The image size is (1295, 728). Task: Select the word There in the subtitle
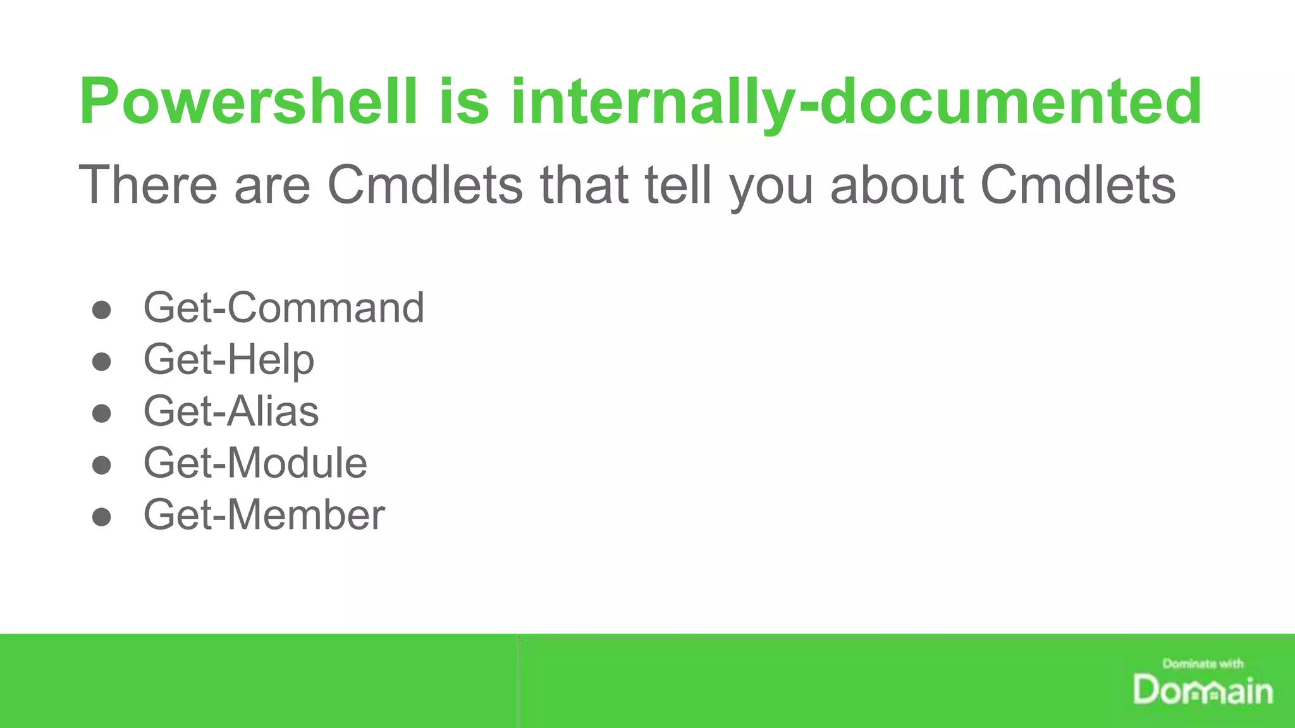147,185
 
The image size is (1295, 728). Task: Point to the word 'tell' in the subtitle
678,185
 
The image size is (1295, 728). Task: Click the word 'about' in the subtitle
897,185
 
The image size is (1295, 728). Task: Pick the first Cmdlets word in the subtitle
425,185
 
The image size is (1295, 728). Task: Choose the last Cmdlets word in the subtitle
1077,185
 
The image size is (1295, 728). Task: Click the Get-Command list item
283,308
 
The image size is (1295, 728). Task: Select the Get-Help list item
228,360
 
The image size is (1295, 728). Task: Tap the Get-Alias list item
231,411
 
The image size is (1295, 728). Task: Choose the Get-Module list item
255,463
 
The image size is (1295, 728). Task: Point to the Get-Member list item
264,515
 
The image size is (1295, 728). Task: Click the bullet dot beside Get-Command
101,310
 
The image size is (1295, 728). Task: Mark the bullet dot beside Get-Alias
101,413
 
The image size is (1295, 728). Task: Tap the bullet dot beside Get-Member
101,517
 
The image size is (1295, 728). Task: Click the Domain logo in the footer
1203,690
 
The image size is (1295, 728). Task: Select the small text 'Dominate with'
1203,664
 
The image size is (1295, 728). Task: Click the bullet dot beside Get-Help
101,361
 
